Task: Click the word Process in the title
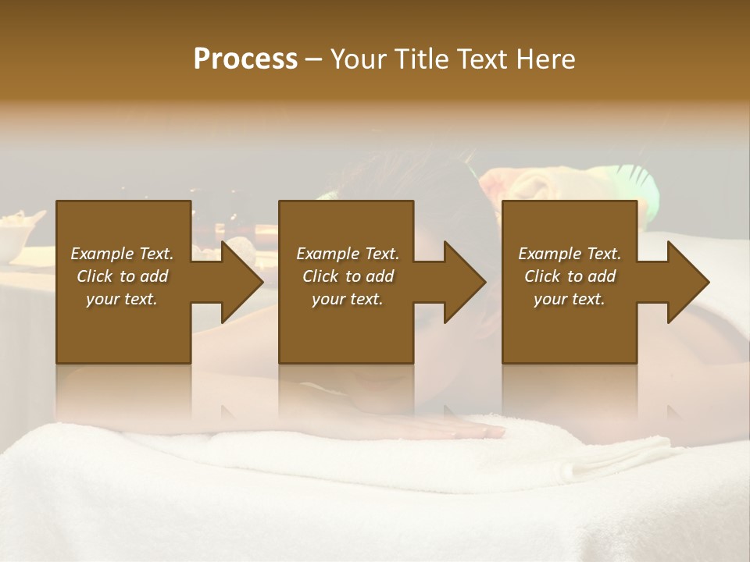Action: click(245, 59)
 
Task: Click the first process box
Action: click(123, 328)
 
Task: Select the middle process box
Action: click(346, 328)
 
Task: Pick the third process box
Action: click(569, 328)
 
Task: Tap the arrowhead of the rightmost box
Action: click(687, 282)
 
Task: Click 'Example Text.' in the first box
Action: click(122, 254)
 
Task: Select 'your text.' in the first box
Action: click(122, 299)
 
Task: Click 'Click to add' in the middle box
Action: click(348, 276)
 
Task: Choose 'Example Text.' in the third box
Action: click(570, 254)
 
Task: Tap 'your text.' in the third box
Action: click(570, 299)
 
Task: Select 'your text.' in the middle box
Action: click(348, 299)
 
